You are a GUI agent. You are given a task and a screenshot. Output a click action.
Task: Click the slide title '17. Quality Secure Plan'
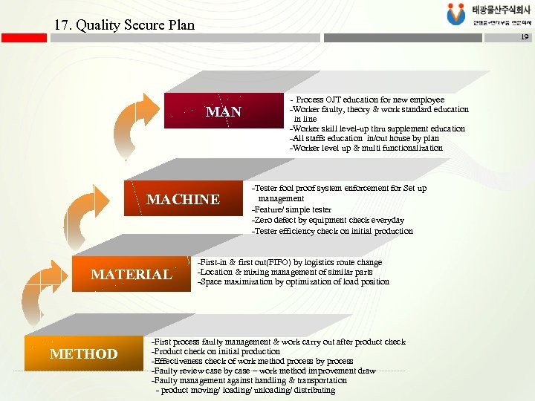tap(124, 25)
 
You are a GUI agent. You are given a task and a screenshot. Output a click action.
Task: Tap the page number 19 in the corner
tap(524, 36)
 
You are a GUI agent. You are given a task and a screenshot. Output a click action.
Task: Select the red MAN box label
tap(223, 112)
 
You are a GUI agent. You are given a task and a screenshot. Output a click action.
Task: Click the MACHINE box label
tap(183, 199)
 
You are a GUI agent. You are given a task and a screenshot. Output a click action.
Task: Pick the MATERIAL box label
tap(131, 274)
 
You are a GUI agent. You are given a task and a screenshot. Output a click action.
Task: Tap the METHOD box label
tap(83, 353)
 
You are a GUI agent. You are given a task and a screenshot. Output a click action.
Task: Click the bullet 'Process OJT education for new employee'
tap(369, 100)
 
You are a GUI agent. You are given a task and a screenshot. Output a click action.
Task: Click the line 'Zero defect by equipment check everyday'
tap(328, 220)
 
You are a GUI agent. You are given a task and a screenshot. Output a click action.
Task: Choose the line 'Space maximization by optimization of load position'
tap(293, 281)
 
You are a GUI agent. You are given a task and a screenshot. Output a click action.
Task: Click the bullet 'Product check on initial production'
tap(215, 351)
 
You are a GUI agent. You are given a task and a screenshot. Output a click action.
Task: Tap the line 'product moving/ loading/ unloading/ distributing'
tap(245, 390)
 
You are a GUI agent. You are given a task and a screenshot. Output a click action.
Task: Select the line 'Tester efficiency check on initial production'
tap(332, 231)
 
